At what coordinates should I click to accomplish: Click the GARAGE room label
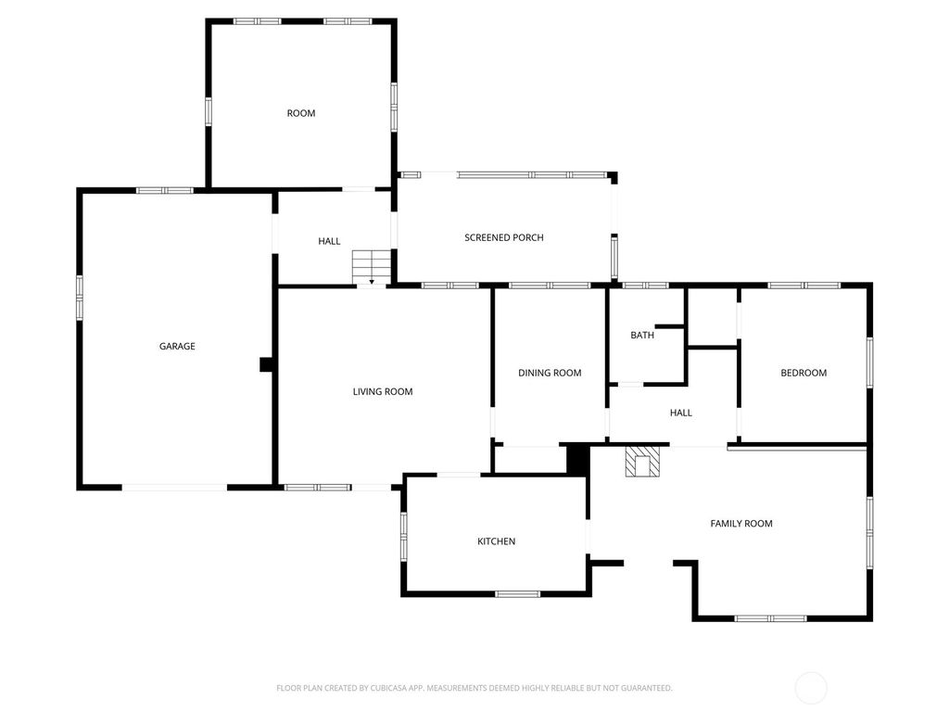(177, 346)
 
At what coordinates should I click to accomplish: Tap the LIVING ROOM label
(383, 391)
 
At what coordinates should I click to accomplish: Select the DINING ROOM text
(550, 373)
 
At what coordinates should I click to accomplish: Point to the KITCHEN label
(496, 541)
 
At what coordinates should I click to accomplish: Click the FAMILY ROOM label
(741, 524)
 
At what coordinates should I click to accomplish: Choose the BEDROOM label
(803, 373)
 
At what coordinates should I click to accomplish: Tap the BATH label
(642, 335)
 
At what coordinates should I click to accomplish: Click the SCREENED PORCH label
(504, 237)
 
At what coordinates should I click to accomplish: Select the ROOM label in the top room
(301, 113)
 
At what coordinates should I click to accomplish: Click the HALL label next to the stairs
(329, 241)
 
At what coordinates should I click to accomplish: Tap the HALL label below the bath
(680, 413)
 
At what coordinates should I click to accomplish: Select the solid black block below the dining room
(577, 459)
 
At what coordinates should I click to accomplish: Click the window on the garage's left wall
(80, 298)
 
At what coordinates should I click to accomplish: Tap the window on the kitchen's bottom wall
(517, 593)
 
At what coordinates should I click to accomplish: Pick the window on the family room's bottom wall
(770, 618)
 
